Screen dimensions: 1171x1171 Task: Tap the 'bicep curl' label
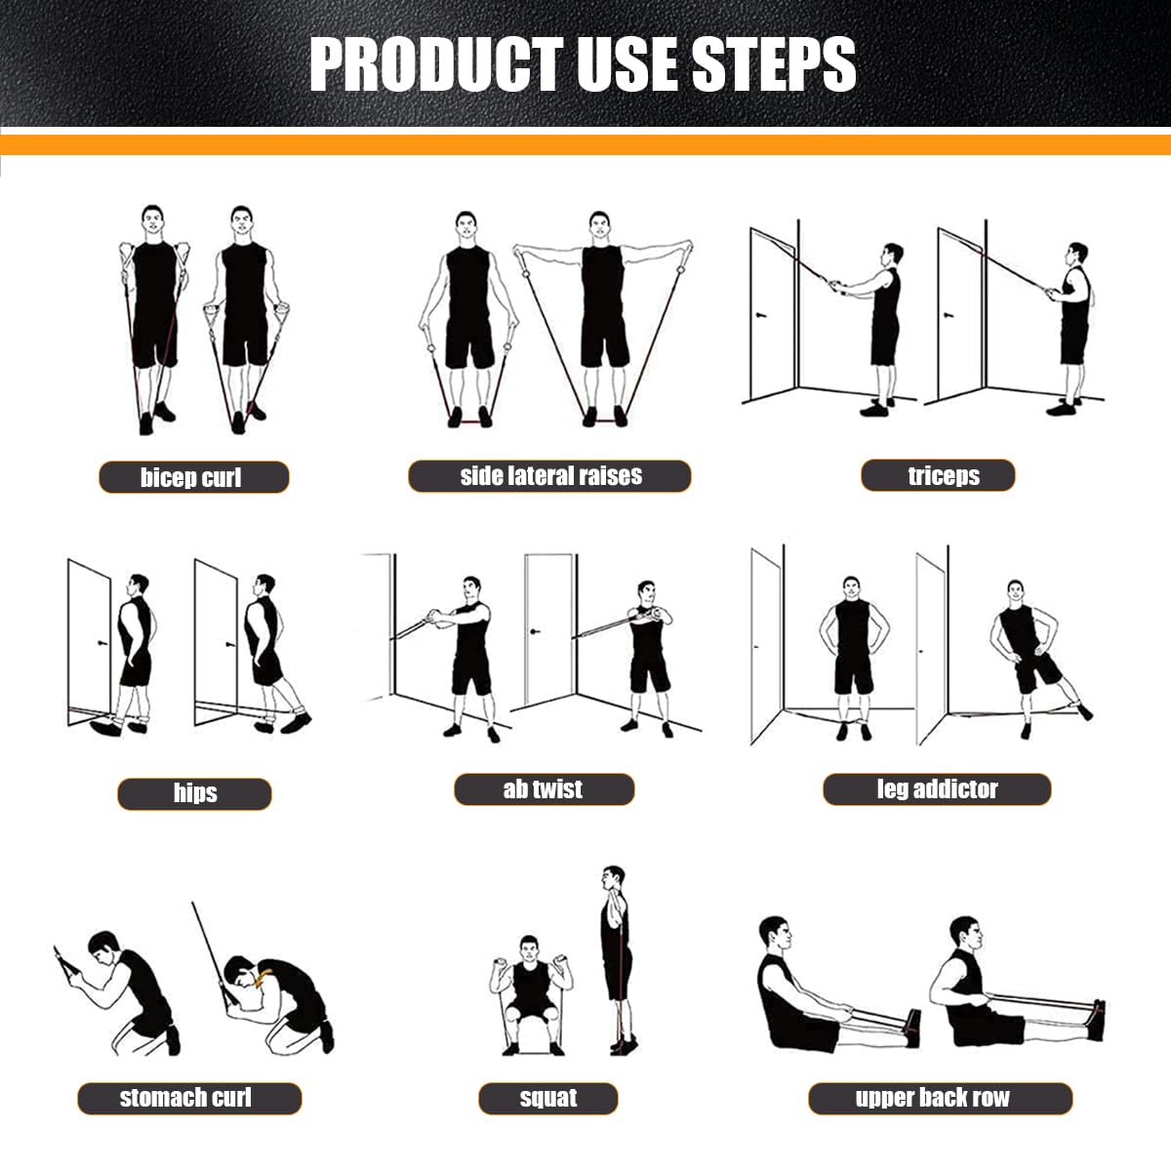pos(193,477)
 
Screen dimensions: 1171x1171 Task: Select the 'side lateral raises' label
pos(549,476)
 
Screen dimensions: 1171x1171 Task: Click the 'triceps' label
pos(938,476)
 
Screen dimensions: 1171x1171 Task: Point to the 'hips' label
pos(194,793)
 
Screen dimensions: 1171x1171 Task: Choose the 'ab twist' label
pos(544,789)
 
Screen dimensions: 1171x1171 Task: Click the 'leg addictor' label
pos(937,789)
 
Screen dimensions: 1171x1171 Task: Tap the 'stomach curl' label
pos(189,1098)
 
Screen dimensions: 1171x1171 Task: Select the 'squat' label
pos(547,1099)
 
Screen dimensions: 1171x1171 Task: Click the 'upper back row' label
pos(940,1098)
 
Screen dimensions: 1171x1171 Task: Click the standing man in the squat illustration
pos(616,956)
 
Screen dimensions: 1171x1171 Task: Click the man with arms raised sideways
pos(602,312)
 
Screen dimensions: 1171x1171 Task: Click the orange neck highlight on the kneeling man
pos(260,980)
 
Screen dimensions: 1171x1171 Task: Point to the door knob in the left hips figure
pos(101,643)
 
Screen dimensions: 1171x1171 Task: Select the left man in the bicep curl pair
pos(153,312)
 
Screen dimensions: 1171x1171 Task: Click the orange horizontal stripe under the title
pos(585,145)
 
